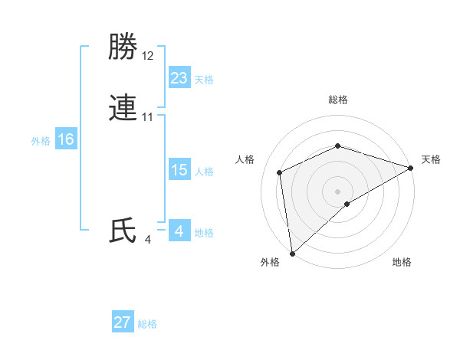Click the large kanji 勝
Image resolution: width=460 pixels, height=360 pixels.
(123, 48)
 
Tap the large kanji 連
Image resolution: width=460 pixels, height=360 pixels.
(123, 108)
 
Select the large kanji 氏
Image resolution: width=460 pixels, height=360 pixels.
(123, 231)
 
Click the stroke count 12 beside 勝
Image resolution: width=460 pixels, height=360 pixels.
(148, 57)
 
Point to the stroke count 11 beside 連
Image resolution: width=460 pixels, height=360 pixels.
(148, 117)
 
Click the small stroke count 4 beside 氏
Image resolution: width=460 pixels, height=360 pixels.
(147, 240)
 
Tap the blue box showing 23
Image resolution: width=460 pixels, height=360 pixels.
(179, 77)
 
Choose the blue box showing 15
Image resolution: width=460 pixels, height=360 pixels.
(179, 170)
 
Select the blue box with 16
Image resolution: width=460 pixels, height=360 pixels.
(65, 139)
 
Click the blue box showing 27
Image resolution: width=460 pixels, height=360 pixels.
(123, 322)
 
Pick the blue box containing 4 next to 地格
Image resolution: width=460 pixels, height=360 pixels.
(179, 231)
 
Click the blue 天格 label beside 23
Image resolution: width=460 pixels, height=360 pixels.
(204, 80)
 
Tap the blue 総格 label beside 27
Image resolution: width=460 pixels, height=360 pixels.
(147, 324)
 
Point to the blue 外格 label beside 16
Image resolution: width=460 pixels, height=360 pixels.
(41, 141)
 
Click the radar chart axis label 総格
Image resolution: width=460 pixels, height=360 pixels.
(337, 100)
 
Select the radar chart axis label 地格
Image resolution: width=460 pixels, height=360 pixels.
(402, 263)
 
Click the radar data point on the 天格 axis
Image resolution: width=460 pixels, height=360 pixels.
(411, 168)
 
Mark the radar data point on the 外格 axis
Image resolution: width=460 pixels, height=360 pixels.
(292, 254)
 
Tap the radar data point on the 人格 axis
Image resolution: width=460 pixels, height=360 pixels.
(280, 172)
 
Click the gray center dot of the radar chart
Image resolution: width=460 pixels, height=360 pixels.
(337, 191)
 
